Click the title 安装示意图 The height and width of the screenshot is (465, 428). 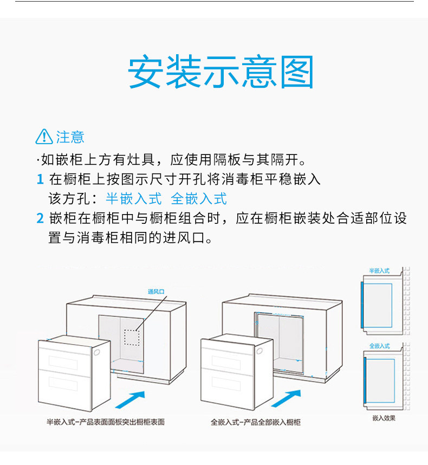[x=221, y=72]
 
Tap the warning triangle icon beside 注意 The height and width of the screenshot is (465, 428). [x=44, y=137]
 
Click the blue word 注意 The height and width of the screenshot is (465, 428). [x=70, y=137]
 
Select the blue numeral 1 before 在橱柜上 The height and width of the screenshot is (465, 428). [x=40, y=179]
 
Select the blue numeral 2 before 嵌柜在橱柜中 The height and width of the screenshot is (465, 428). [x=40, y=218]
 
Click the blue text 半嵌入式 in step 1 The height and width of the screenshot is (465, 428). [x=133, y=199]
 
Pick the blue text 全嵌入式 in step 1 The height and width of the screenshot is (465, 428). [x=199, y=199]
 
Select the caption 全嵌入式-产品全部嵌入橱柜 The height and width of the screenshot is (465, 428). [x=256, y=422]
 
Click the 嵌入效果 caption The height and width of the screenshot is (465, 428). [x=384, y=418]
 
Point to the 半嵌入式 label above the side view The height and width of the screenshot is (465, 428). [x=379, y=270]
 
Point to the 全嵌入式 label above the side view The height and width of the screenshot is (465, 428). [x=379, y=346]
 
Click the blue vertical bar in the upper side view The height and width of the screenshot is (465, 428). [x=362, y=305]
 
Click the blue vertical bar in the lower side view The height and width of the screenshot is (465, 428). [x=366, y=381]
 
